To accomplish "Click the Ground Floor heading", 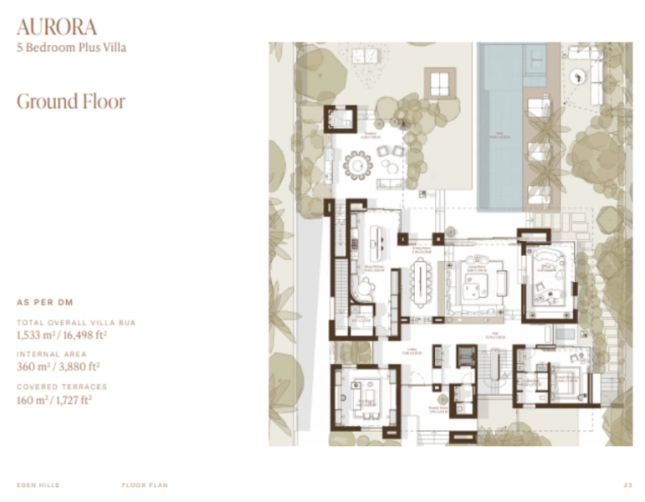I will pos(71,102).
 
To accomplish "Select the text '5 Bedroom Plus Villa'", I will pos(72,48).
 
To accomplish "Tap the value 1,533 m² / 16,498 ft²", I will pos(62,336).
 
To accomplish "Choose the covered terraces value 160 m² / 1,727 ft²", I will pos(54,399).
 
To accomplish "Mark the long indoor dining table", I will pos(420,282).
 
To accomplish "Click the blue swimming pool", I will pos(500,125).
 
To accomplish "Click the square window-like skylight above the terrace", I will pos(440,83).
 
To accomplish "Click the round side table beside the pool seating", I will pos(575,77).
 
